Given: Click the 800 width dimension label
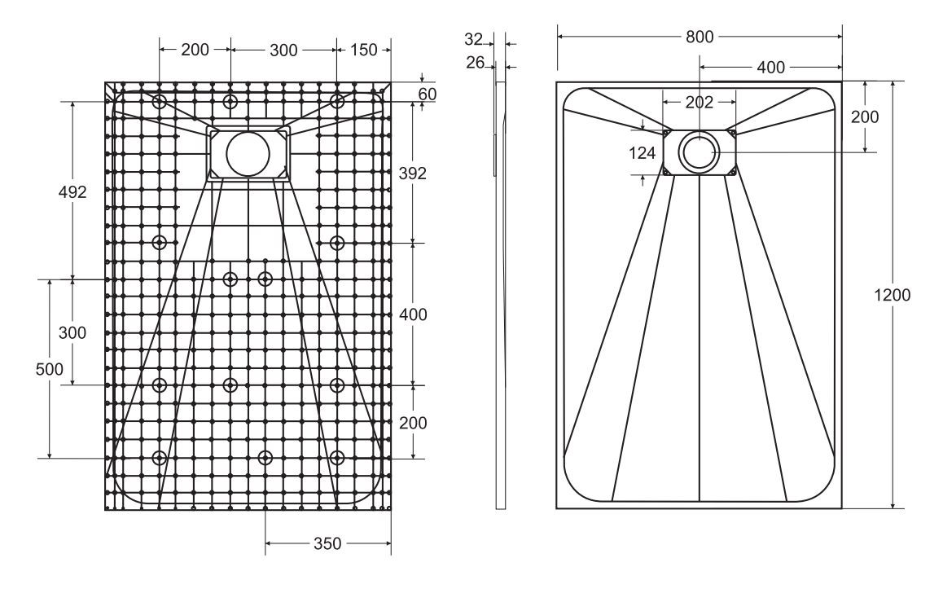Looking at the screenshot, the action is (700, 37).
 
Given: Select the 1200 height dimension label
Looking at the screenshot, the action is (892, 295).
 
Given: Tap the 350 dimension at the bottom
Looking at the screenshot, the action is (327, 543).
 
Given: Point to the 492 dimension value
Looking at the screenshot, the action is (72, 191).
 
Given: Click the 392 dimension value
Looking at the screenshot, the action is (413, 174).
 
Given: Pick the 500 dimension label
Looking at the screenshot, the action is (50, 369).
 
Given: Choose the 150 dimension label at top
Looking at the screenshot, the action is (363, 50).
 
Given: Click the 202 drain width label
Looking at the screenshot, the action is (699, 102).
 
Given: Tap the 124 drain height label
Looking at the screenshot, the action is (642, 153).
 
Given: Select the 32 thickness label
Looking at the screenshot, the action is (473, 39).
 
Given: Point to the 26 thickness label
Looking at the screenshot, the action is (475, 62).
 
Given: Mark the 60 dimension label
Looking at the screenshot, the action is (428, 95).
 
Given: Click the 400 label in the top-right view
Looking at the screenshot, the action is (770, 68).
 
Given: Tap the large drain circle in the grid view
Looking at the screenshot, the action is (248, 153).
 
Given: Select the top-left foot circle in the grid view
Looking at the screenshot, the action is (160, 101).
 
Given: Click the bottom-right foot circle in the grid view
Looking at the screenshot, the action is (337, 458).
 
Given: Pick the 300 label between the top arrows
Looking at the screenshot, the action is (283, 50).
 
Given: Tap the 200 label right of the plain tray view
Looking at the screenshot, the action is (864, 116).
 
